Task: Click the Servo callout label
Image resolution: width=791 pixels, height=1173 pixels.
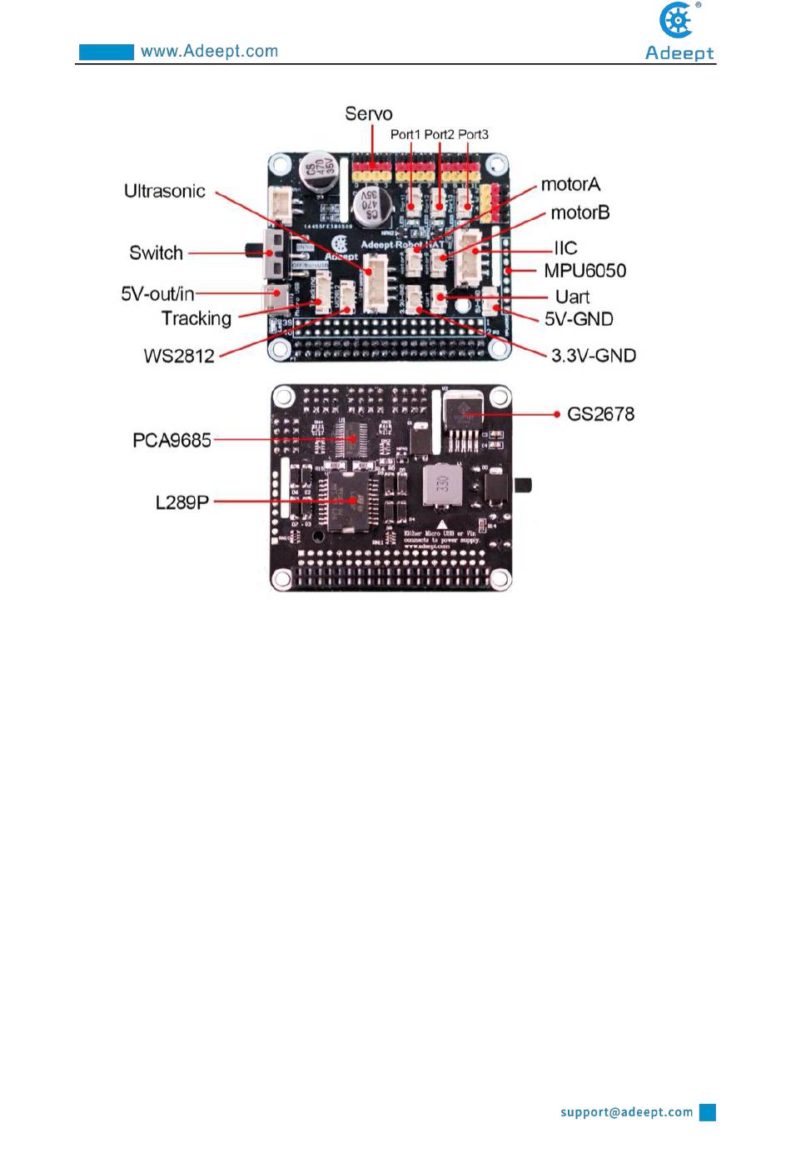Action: point(368,114)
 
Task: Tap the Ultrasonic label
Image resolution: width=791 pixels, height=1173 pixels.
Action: point(164,192)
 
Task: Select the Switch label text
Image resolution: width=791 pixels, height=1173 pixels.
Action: point(156,253)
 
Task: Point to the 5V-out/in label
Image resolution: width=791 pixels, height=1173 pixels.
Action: point(157,294)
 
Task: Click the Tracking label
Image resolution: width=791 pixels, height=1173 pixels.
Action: point(196,319)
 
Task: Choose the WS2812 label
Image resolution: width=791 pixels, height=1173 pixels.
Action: point(179,357)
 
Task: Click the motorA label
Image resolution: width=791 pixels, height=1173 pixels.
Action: point(570,185)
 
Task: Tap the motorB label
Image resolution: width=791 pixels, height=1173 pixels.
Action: point(580,213)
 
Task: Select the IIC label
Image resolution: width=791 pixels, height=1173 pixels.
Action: point(565,248)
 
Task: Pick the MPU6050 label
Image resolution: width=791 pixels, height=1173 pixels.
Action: point(585,271)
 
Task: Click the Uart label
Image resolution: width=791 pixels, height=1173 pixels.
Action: point(572,297)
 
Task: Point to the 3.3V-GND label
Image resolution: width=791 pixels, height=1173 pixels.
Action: point(593,357)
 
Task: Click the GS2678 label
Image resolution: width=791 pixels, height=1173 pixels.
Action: point(600,414)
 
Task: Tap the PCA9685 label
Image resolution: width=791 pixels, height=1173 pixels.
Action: point(172,441)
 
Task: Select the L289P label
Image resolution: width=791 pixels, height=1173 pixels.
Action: point(182,502)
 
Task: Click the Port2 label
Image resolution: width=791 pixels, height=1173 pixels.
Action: point(439,135)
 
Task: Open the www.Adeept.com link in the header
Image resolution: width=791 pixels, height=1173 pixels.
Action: point(209,52)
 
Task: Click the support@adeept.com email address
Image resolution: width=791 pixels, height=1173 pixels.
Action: point(626,1112)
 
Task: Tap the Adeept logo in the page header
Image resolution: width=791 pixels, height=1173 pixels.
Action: point(679,32)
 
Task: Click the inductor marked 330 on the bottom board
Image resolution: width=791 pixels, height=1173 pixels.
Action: point(443,484)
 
